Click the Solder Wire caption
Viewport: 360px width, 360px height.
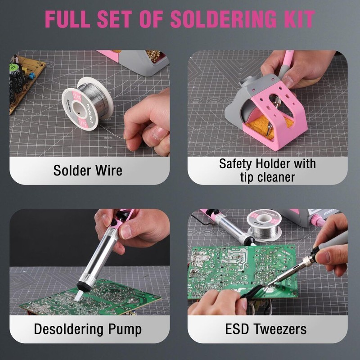88,171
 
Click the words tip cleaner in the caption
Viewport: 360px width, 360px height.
267,177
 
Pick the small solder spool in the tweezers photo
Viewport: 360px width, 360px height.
264,225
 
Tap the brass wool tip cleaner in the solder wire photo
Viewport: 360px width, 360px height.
154,56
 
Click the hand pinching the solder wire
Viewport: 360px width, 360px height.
146,121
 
